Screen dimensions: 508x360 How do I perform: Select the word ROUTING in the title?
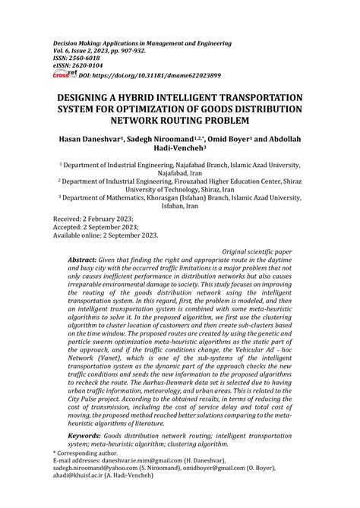pos(215,120)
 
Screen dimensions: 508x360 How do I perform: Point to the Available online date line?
pos(106,235)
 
